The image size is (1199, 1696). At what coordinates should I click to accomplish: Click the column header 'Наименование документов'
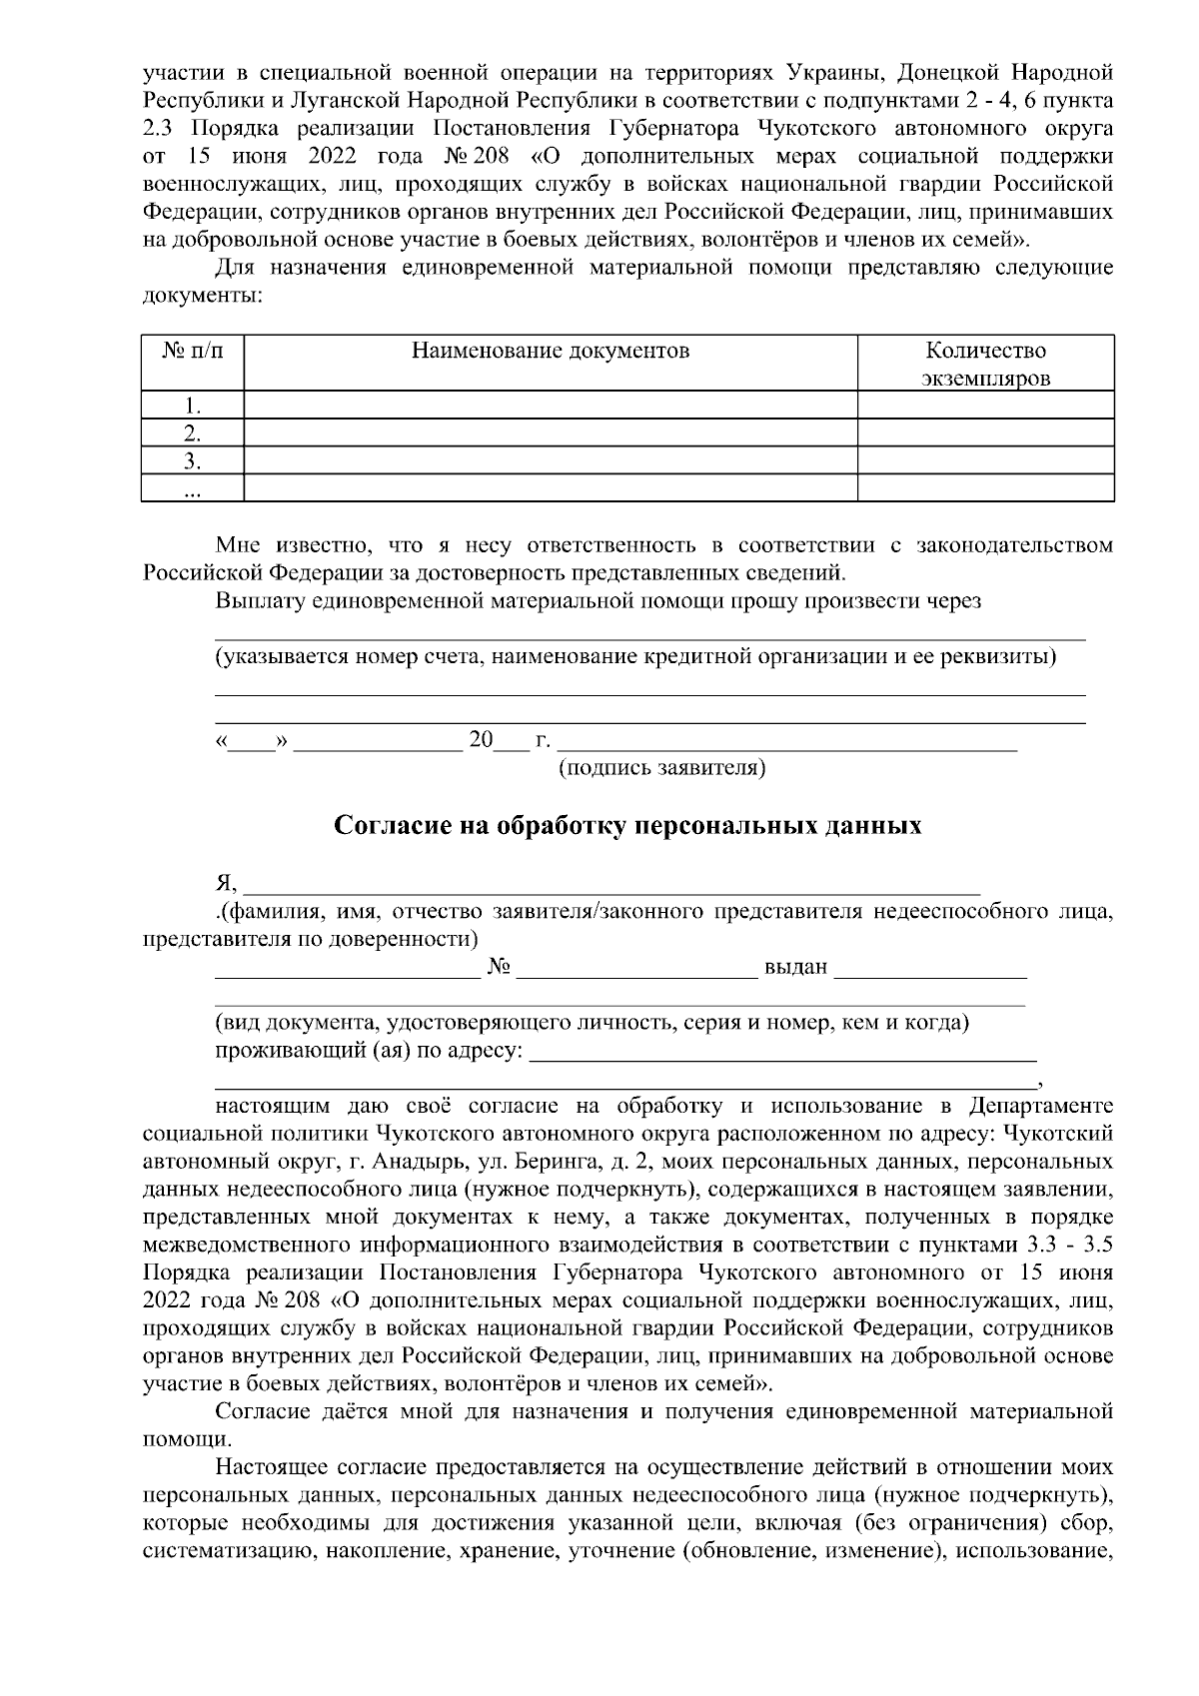tap(551, 351)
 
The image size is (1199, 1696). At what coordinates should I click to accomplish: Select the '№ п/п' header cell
tap(192, 351)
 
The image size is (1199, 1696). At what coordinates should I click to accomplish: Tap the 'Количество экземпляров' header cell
tap(985, 364)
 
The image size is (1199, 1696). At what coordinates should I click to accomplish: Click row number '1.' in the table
tap(194, 406)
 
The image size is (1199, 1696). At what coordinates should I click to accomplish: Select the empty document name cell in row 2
tap(551, 432)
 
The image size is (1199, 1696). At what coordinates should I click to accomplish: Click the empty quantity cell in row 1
tap(985, 405)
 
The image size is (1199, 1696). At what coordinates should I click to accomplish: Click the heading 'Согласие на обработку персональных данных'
tap(626, 826)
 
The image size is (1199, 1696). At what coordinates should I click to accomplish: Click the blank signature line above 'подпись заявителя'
tap(787, 741)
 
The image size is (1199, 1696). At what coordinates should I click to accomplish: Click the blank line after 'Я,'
tap(611, 883)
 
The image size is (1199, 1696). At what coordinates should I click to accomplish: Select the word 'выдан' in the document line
tap(795, 967)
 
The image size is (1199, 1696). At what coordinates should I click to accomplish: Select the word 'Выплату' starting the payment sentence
tap(257, 600)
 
